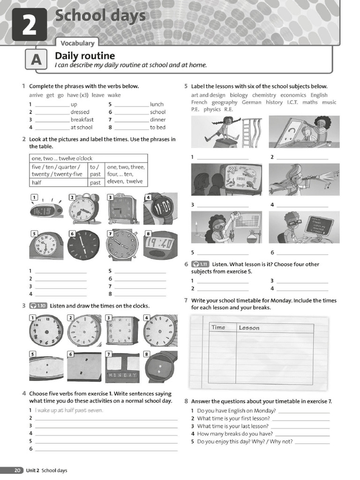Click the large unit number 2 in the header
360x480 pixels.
[29, 25]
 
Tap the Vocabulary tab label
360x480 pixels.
[77, 43]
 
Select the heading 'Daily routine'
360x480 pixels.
[85, 56]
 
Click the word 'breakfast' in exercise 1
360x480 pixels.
[82, 120]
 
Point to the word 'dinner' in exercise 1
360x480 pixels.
[157, 120]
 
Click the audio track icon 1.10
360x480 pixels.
[38, 306]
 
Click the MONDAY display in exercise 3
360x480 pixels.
[122, 375]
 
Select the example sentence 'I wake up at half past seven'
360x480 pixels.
[69, 410]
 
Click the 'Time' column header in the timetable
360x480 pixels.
[218, 328]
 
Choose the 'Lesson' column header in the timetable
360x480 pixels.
[249, 328]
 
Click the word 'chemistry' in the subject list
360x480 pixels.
[264, 95]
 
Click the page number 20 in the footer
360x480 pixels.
[17, 470]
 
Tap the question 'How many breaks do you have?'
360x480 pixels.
[235, 434]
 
